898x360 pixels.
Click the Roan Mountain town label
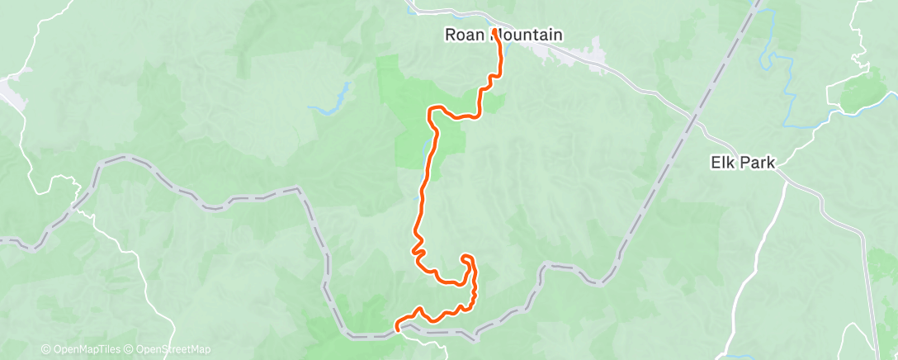coord(503,36)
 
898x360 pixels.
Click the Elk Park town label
coord(742,163)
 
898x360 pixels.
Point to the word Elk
coord(723,163)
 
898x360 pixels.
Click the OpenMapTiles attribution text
coord(91,349)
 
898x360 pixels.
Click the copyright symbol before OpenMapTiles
coord(45,349)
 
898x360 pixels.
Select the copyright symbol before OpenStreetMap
coord(130,349)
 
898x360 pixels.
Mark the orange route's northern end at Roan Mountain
coord(494,31)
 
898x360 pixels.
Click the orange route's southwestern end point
coord(397,327)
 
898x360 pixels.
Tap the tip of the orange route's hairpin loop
coord(467,257)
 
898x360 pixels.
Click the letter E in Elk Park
coord(715,163)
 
